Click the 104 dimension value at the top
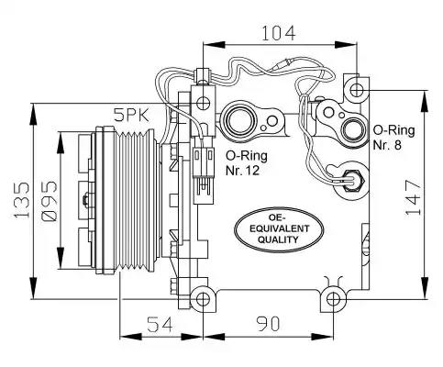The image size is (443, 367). pyautogui.click(x=279, y=33)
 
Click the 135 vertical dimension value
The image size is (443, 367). pyautogui.click(x=23, y=200)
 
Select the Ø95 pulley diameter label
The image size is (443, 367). pyautogui.click(x=49, y=201)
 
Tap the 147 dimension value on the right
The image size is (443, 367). pyautogui.click(x=414, y=197)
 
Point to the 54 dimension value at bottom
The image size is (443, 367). pyautogui.click(x=161, y=324)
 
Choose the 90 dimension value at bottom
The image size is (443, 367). pyautogui.click(x=268, y=324)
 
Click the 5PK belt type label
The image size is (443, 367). pyautogui.click(x=132, y=116)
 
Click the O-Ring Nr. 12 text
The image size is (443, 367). pyautogui.click(x=247, y=163)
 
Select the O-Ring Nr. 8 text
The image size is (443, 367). pyautogui.click(x=393, y=138)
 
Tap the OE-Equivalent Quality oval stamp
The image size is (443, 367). pyautogui.click(x=280, y=229)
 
